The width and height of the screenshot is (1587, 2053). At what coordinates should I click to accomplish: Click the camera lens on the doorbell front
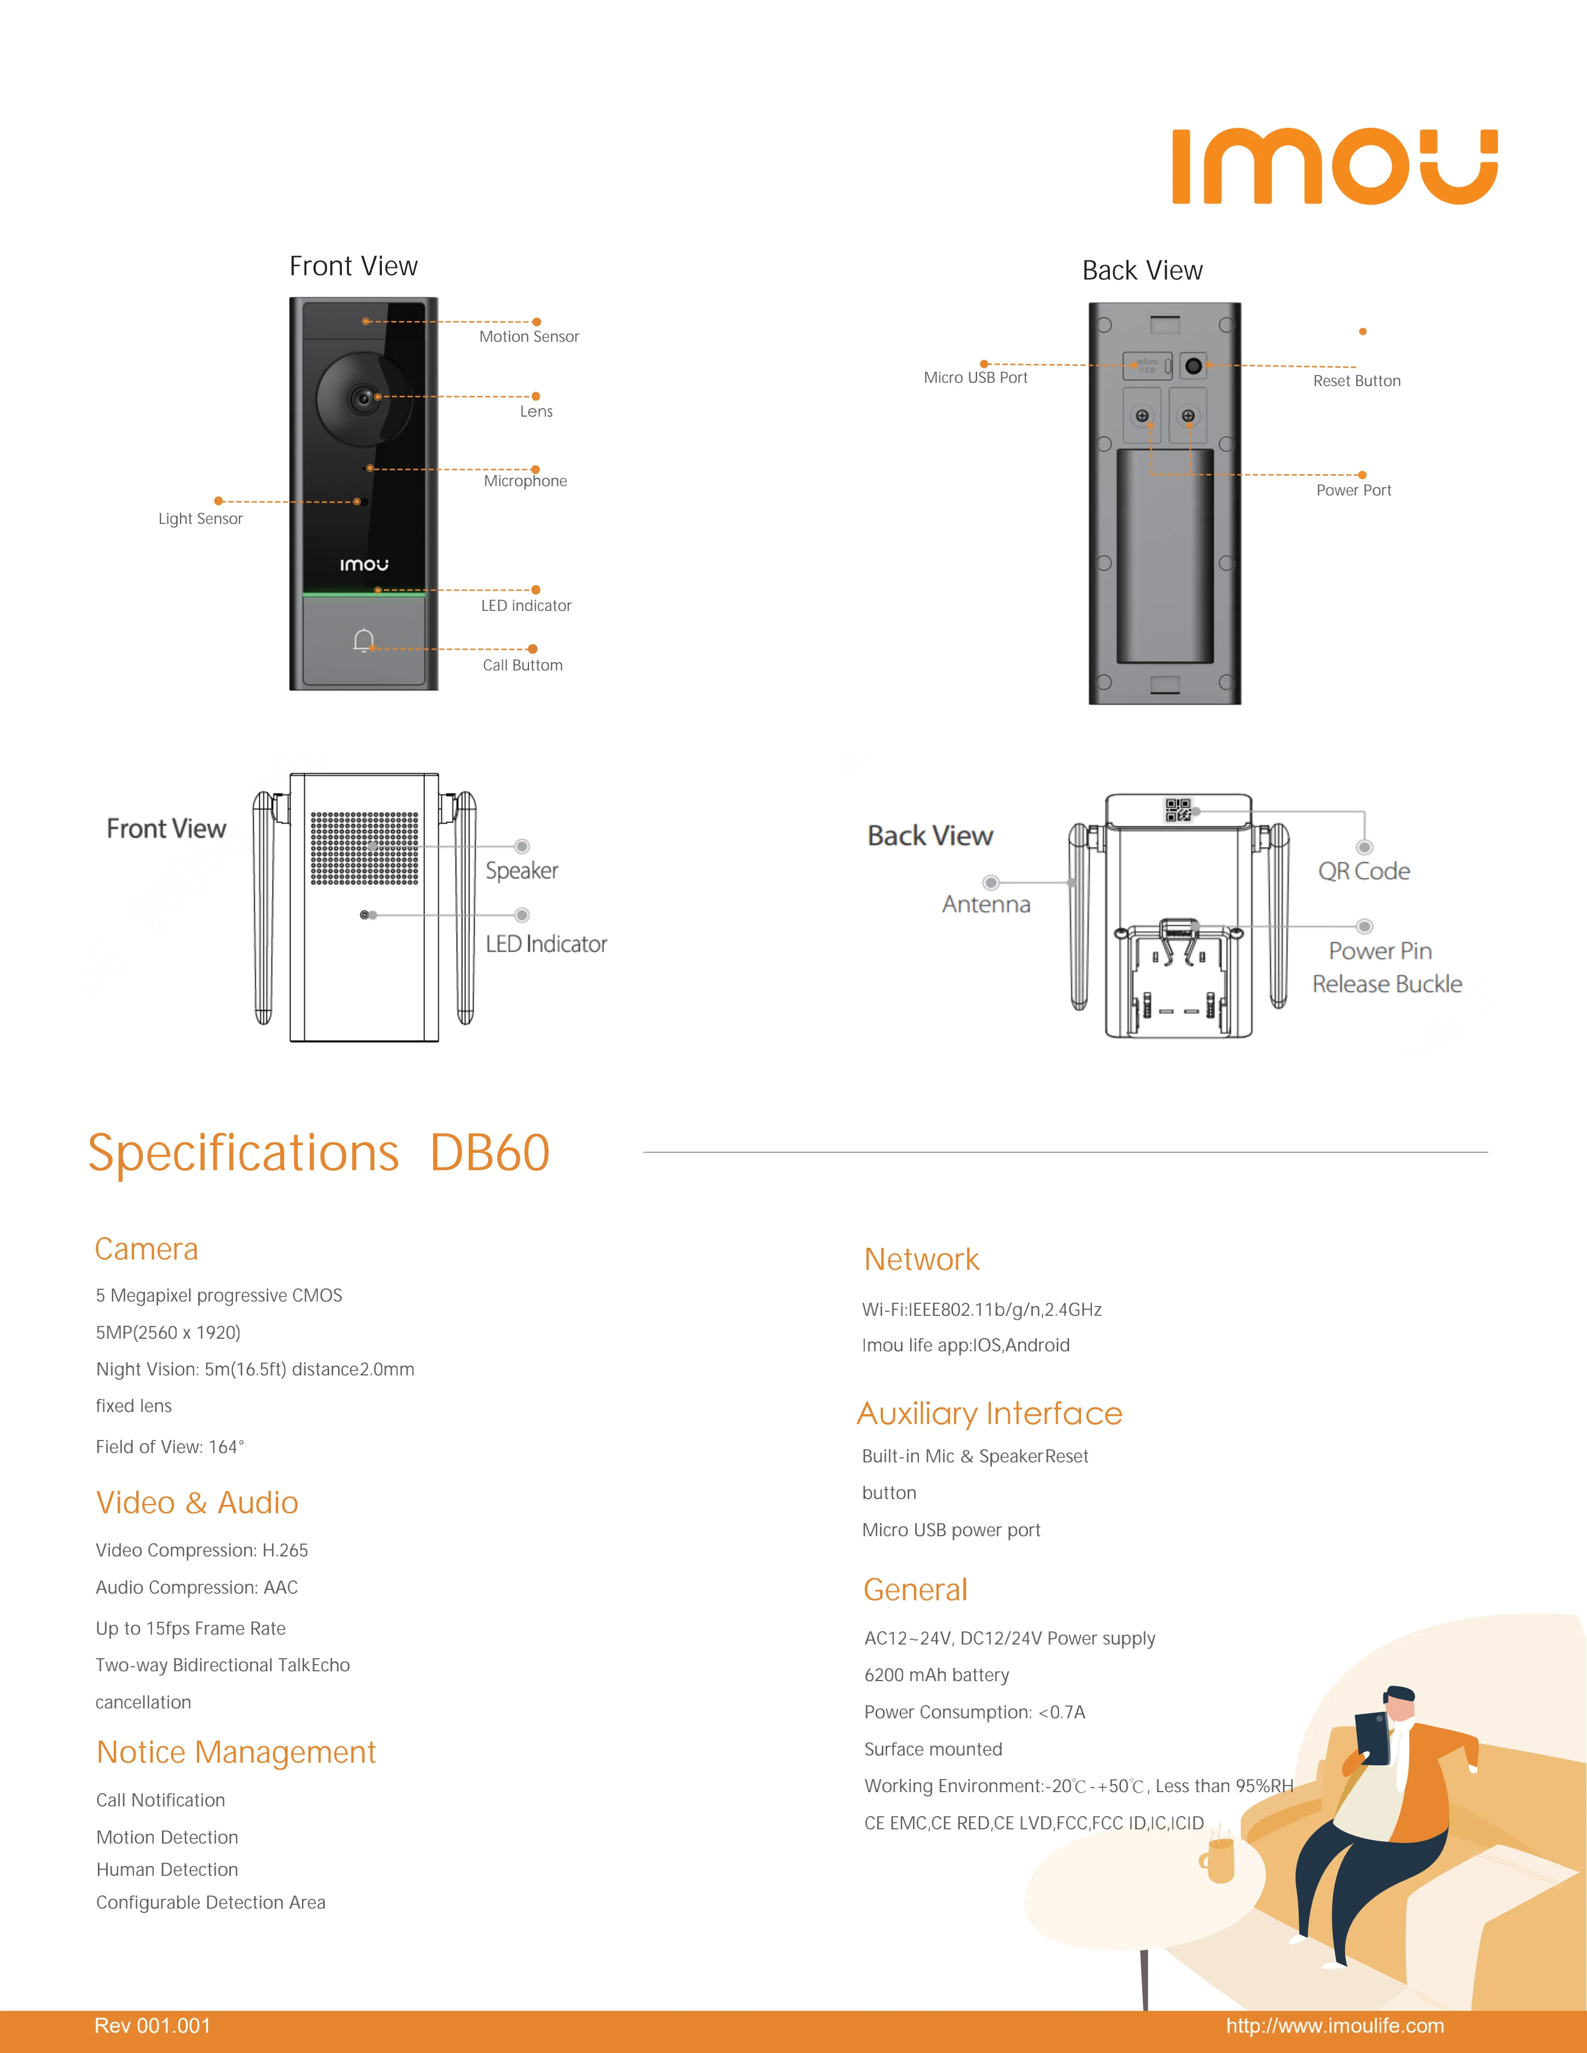363,399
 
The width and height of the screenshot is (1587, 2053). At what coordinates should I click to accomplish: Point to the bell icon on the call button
364,641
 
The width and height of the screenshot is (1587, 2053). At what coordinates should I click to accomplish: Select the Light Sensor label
200,519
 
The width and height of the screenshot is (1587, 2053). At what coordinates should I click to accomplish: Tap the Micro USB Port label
975,378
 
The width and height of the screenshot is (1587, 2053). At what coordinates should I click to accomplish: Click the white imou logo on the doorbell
364,565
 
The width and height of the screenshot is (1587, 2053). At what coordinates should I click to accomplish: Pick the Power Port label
1353,490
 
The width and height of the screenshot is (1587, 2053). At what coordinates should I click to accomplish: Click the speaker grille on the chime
365,848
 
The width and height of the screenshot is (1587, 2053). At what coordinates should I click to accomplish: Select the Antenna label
986,905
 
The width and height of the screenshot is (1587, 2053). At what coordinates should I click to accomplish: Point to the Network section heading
921,1259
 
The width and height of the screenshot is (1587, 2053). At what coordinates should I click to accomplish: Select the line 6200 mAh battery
937,1675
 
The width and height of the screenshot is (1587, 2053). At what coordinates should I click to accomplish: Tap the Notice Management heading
236,1752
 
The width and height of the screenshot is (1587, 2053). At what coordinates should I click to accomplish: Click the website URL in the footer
1334,2026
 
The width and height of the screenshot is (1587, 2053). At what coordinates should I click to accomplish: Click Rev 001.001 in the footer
152,2026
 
